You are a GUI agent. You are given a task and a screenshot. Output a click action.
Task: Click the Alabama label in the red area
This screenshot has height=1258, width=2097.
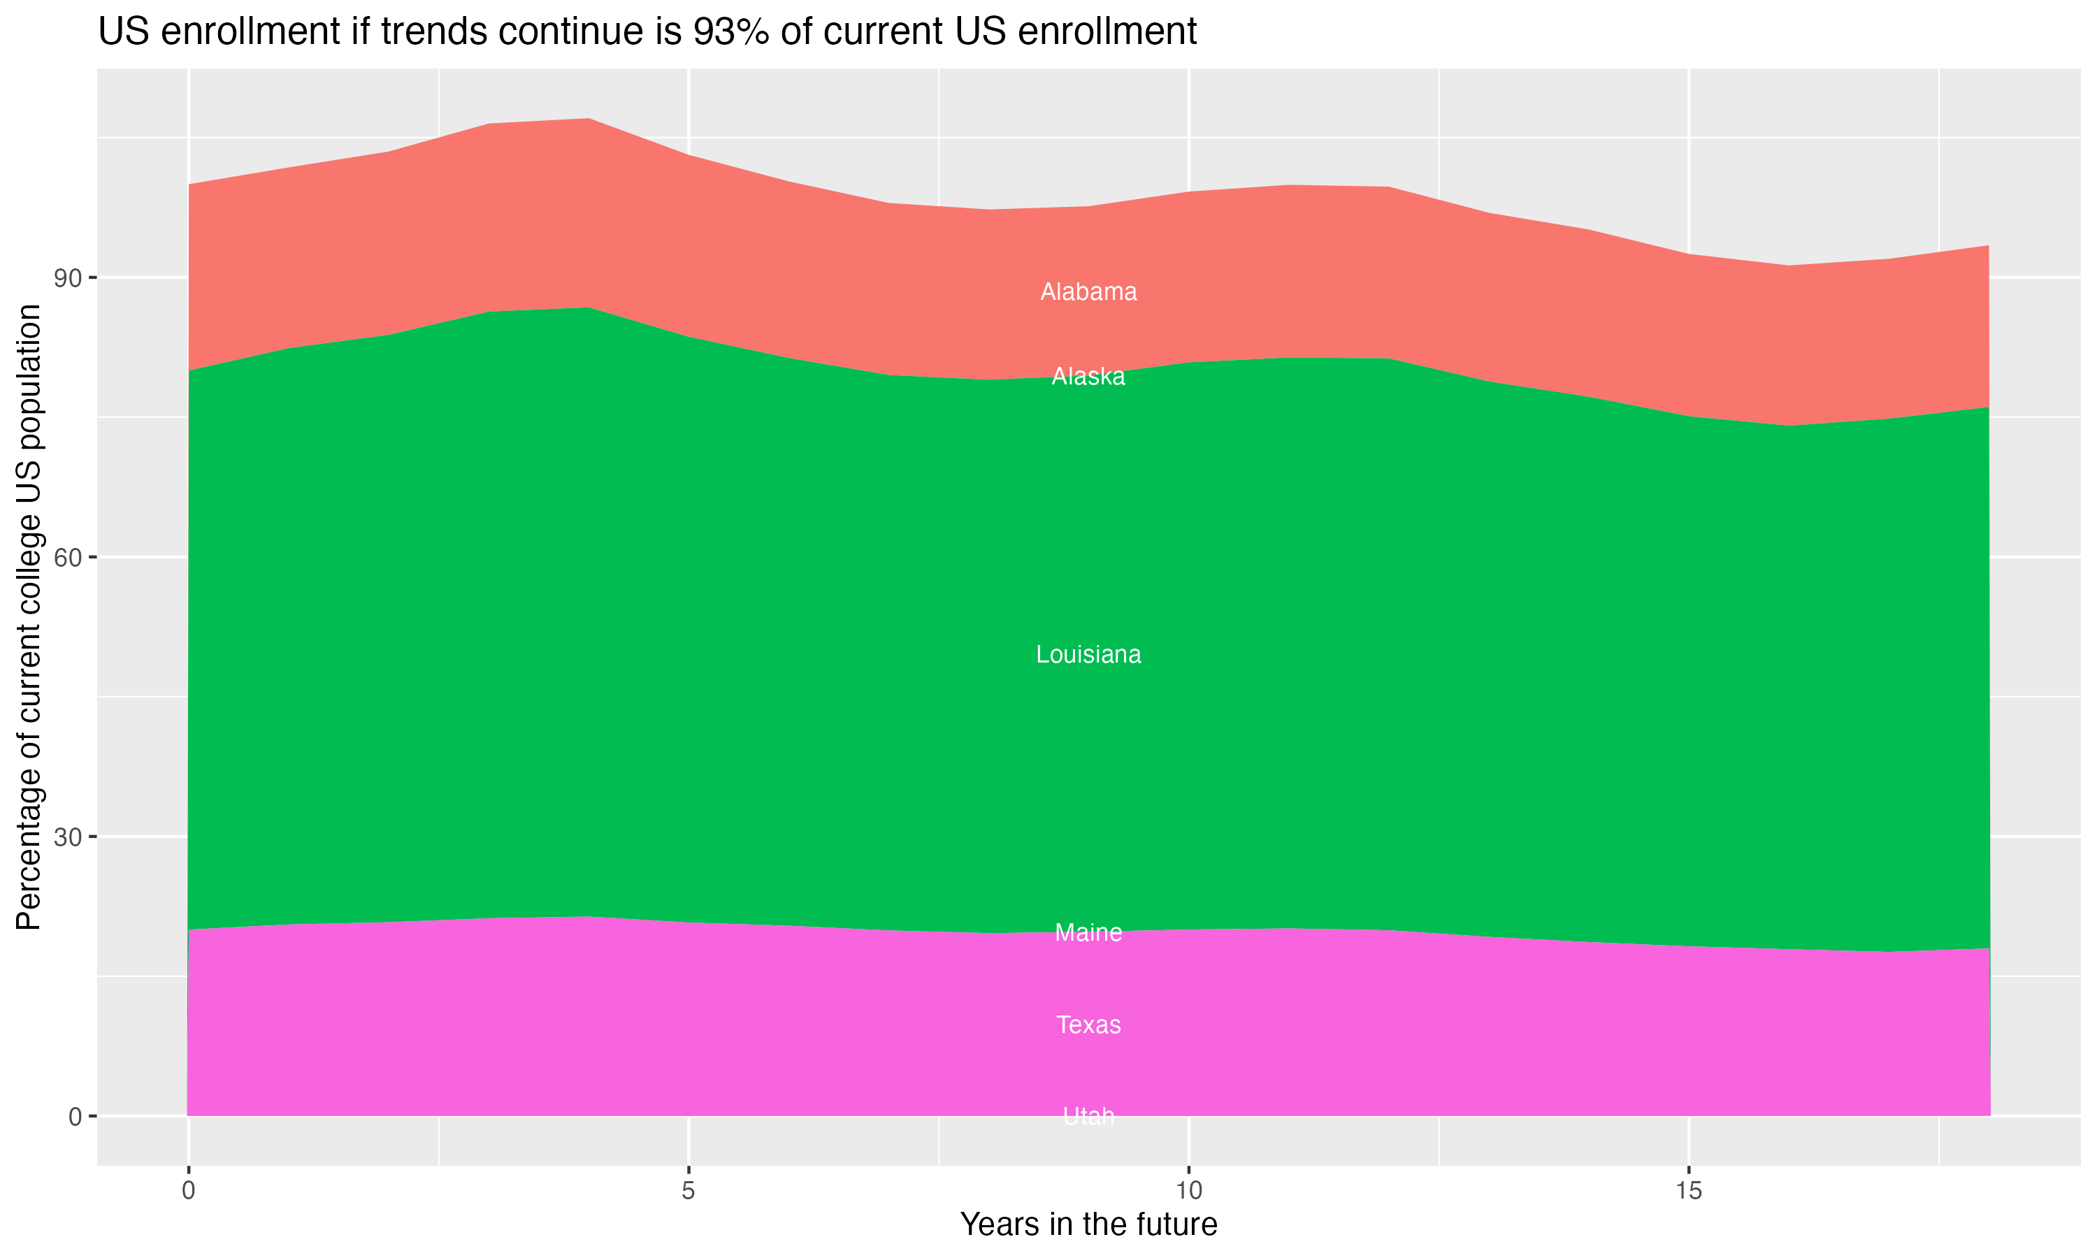[x=1088, y=291]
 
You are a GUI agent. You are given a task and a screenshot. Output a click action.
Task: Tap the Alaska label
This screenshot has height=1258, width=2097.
[x=1088, y=377]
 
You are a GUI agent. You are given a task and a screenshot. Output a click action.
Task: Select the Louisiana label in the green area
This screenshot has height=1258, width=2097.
[x=1088, y=654]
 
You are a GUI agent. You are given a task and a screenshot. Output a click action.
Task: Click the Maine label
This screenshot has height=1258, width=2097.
[x=1088, y=932]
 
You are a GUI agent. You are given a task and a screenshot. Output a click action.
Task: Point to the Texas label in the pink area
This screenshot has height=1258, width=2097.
[x=1088, y=1025]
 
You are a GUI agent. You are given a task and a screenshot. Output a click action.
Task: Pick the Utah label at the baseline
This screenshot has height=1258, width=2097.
[x=1088, y=1116]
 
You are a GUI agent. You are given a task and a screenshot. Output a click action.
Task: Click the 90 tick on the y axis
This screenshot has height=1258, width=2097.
[x=69, y=278]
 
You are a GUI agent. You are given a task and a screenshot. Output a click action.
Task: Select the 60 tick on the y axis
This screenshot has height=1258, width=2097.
[x=69, y=557]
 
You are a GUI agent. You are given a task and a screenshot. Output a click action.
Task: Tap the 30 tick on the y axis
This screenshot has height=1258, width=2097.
[x=69, y=837]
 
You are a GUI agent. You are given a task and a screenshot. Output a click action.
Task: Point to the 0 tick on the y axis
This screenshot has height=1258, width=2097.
[x=75, y=1116]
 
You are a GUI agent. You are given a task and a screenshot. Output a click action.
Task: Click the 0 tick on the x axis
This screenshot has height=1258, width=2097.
[x=188, y=1191]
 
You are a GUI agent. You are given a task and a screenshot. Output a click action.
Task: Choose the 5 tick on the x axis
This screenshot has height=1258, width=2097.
[x=689, y=1191]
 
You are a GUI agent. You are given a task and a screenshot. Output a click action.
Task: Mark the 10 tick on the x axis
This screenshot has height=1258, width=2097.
[x=1188, y=1191]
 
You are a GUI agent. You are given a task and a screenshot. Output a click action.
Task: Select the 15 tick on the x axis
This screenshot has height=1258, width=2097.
[x=1689, y=1191]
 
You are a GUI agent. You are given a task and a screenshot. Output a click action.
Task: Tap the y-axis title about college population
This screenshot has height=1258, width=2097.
[x=29, y=616]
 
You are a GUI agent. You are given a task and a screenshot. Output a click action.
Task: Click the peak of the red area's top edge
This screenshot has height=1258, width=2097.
[x=589, y=119]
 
